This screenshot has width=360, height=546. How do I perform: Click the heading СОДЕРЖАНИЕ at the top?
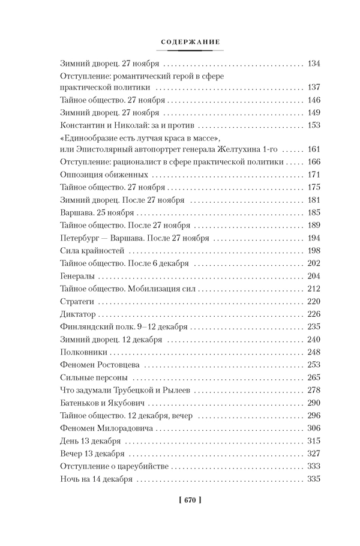[x=191, y=42]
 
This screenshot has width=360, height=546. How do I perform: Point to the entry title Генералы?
[x=78, y=276]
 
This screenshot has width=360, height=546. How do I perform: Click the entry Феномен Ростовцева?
[x=100, y=364]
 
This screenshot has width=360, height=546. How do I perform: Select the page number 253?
[x=313, y=364]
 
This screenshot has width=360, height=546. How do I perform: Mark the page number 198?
[x=313, y=250]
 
